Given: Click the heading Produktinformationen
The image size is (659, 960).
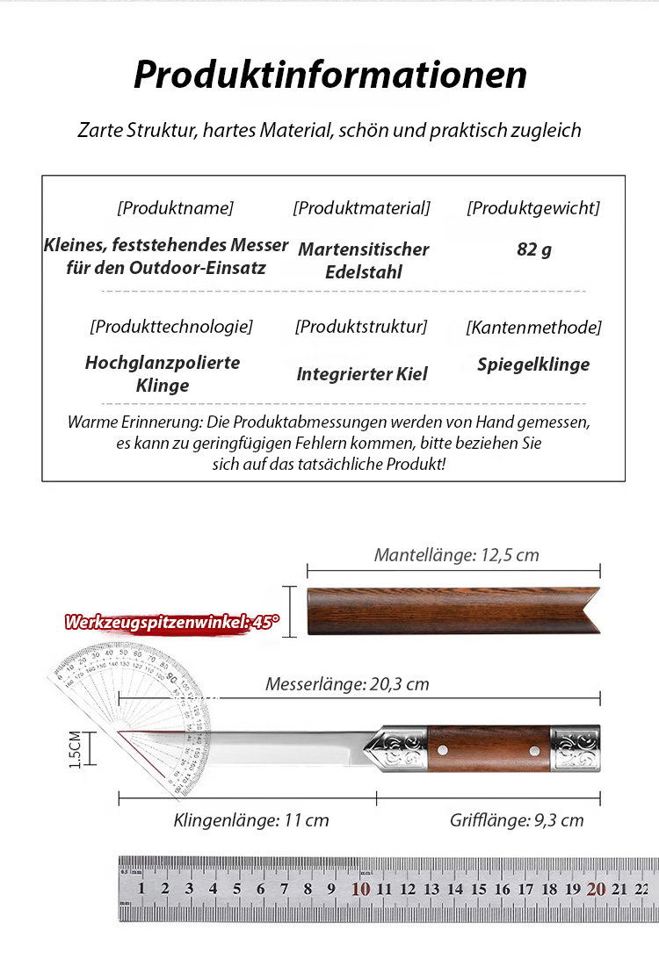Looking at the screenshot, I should point(329,76).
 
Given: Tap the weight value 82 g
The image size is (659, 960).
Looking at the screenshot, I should point(534,249).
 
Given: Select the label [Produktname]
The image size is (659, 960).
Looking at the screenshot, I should point(175,208).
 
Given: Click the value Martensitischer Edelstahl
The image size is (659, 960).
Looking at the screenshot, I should point(363,260).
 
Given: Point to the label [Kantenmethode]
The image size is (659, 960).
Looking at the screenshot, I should point(533,328).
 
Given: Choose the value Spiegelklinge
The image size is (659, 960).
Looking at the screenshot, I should point(533,365).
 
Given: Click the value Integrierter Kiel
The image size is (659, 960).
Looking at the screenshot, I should point(362,374).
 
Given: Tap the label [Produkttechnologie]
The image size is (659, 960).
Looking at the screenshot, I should point(170,327).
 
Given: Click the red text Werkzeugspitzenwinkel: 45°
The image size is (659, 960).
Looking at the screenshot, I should point(171,623).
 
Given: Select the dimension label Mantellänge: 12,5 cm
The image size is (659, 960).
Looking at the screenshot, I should point(456,555).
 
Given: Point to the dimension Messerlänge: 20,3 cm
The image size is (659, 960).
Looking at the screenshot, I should point(347,684).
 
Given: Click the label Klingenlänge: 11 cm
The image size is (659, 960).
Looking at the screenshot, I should point(251,820).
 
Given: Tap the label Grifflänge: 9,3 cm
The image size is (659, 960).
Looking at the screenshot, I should point(517,820).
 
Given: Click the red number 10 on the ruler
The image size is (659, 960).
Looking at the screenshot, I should point(360,889).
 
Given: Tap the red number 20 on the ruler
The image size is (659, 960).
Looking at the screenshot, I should point(596,889).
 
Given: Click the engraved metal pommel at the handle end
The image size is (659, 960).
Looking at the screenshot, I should point(576,749).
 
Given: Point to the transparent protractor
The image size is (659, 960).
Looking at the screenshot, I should point(132,703).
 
